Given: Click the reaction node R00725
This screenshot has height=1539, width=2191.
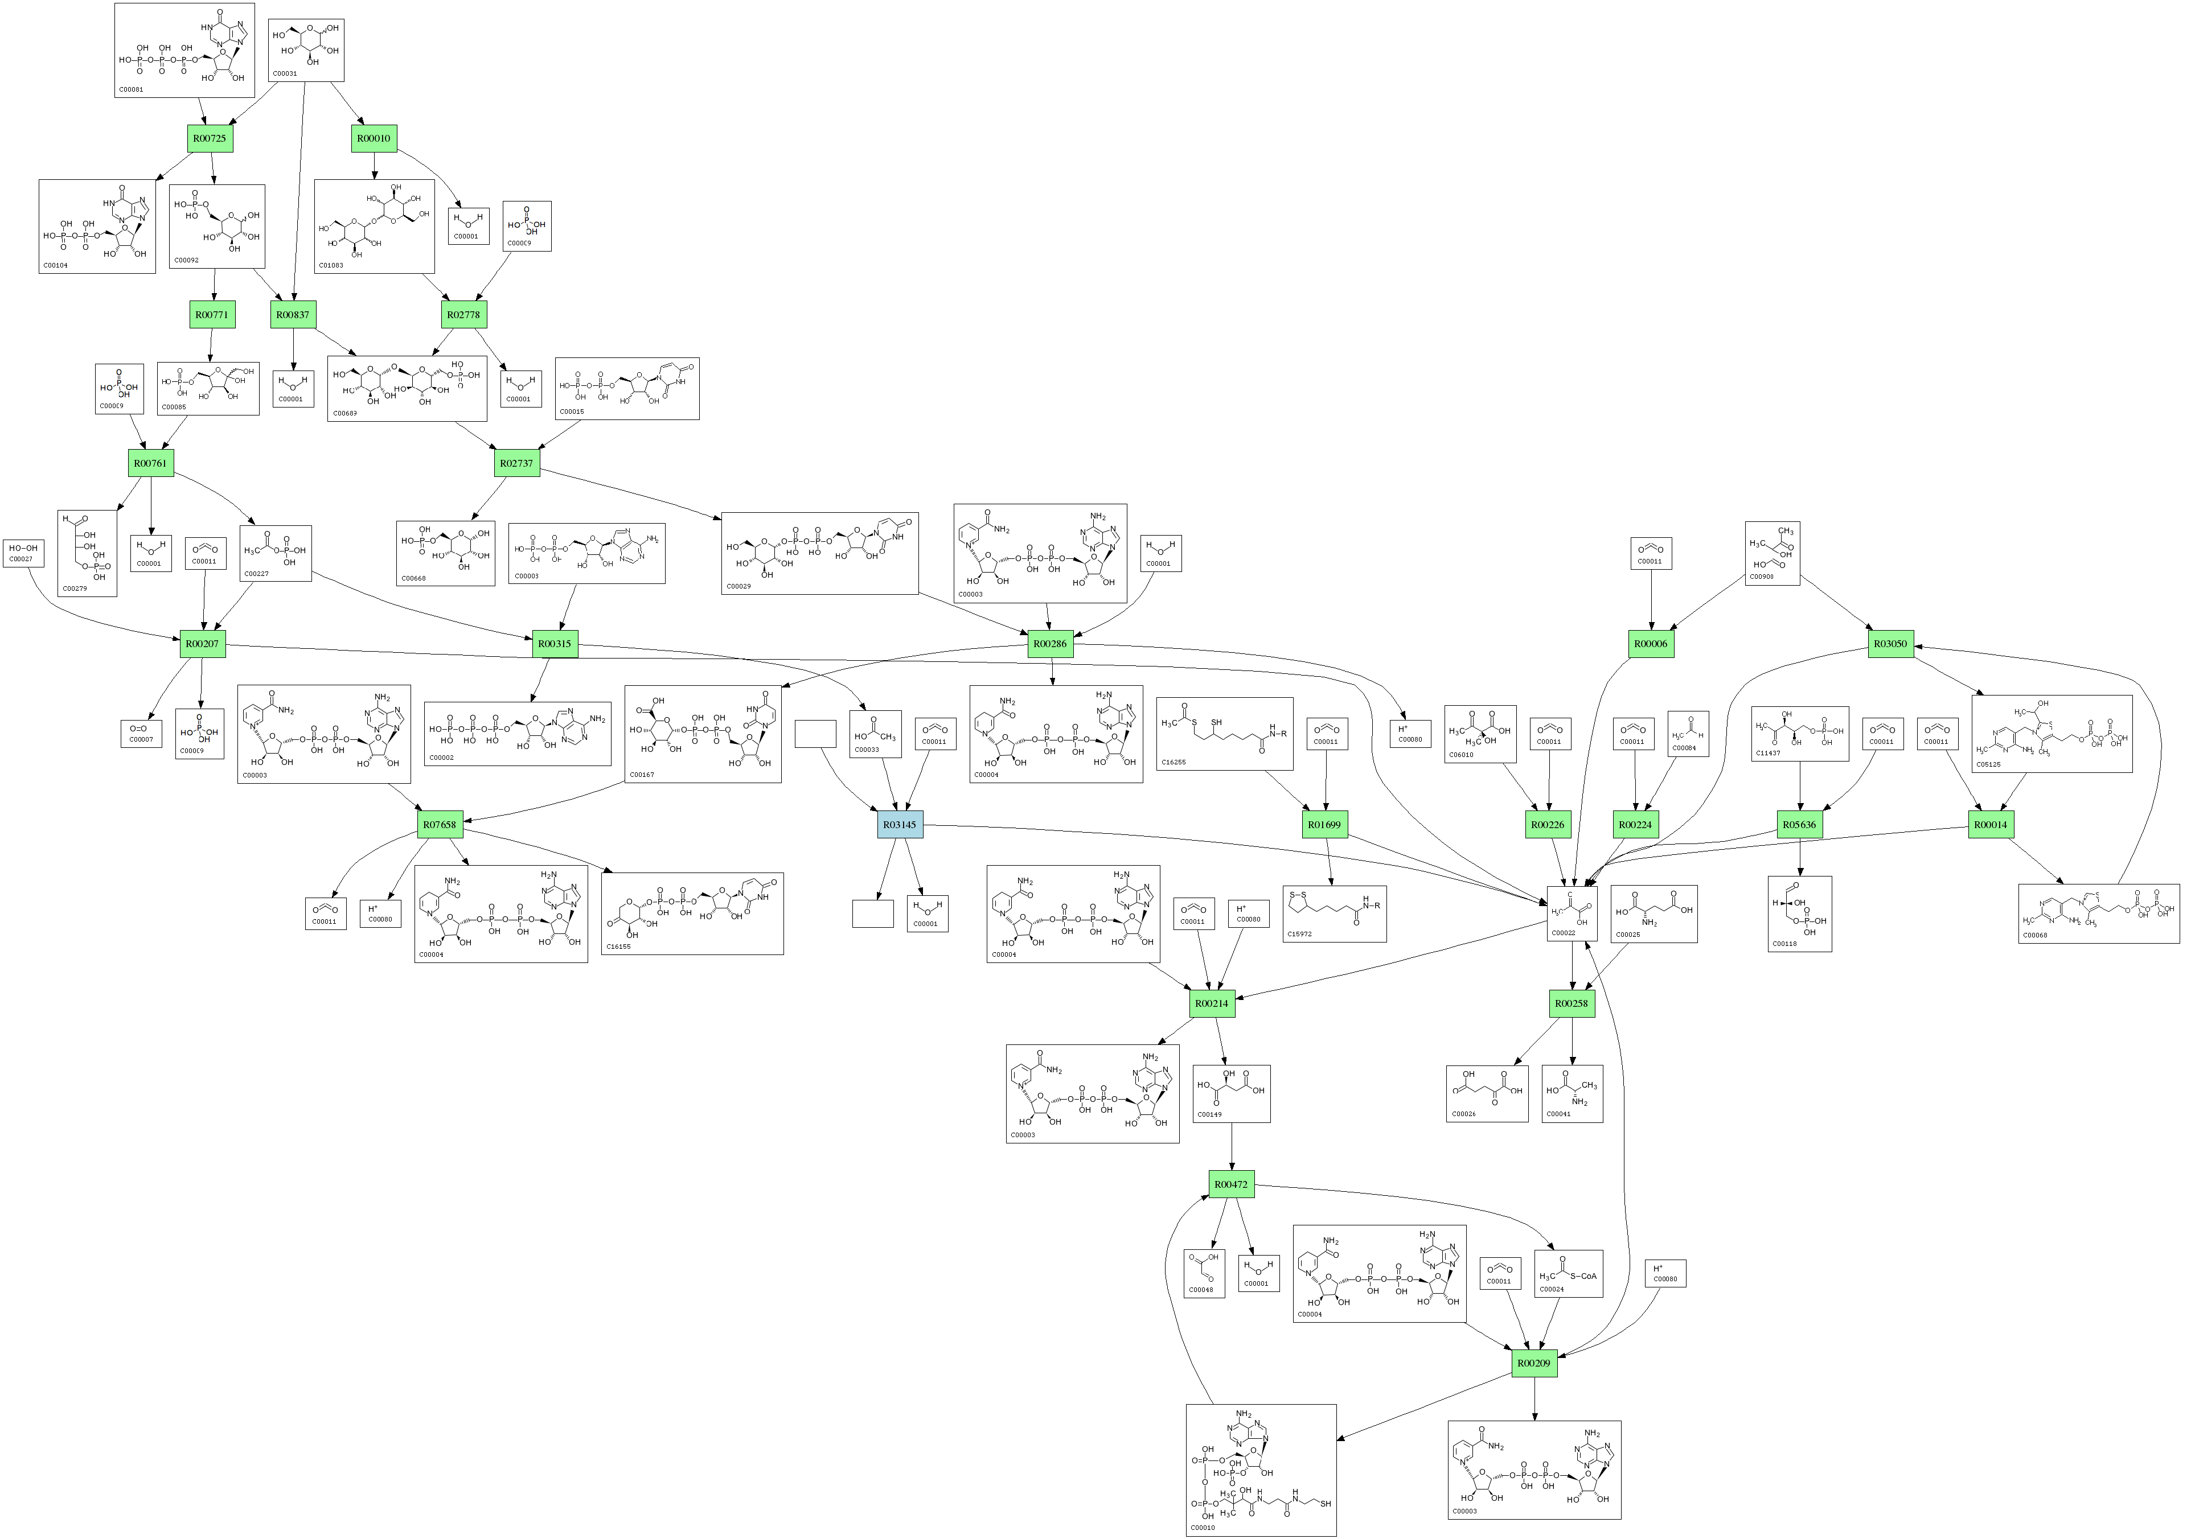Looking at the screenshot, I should [210, 138].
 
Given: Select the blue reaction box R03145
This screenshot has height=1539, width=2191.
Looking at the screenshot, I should [900, 824].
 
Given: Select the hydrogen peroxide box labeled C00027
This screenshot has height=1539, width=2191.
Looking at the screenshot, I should [23, 553].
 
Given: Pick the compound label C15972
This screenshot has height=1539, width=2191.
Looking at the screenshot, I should [1300, 934].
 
